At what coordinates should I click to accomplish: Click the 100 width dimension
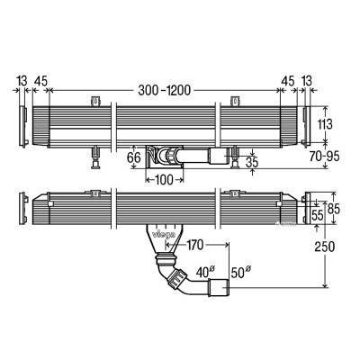[x=162, y=179]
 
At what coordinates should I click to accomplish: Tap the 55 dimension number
[x=317, y=215]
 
